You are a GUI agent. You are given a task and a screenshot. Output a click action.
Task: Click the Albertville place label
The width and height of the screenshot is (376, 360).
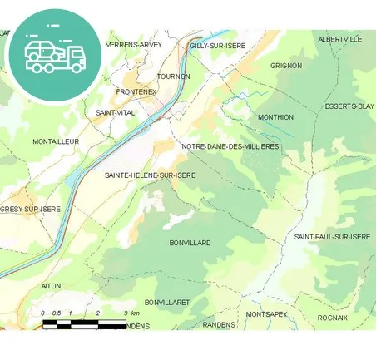click(x=340, y=39)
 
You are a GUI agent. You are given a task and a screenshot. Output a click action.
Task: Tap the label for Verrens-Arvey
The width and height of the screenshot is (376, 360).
click(x=134, y=44)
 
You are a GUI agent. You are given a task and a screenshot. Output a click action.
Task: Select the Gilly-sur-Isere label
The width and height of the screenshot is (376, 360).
click(x=217, y=46)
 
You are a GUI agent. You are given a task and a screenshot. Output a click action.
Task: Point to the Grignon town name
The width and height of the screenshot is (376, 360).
click(x=286, y=65)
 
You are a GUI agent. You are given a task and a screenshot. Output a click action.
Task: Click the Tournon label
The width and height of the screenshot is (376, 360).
click(x=173, y=76)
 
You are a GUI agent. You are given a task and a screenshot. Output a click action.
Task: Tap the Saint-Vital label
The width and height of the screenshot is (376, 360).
click(x=116, y=112)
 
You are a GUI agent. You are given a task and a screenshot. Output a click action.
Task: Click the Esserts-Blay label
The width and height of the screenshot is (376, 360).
click(x=349, y=106)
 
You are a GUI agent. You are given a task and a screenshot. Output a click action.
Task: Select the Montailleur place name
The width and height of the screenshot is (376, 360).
click(x=56, y=141)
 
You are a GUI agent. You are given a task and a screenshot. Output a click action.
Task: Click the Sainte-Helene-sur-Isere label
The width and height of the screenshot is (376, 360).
click(x=151, y=175)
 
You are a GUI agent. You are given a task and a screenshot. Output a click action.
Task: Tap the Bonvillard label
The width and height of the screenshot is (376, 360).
click(x=190, y=243)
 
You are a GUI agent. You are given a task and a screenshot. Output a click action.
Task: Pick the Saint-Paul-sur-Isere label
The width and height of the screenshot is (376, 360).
click(x=332, y=237)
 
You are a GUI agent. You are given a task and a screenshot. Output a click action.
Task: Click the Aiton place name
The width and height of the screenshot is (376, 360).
click(x=51, y=285)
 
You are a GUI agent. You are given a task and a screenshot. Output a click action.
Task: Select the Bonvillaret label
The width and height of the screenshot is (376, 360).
click(x=167, y=303)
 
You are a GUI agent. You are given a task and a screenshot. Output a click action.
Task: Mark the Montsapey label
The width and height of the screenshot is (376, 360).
click(x=266, y=314)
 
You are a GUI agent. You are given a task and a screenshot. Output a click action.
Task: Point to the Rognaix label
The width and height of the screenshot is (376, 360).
click(x=333, y=318)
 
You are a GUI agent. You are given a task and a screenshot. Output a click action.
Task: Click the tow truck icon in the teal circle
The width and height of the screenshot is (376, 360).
click(x=55, y=55)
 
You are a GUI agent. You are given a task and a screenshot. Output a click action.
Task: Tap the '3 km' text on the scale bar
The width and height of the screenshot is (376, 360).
click(x=131, y=313)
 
